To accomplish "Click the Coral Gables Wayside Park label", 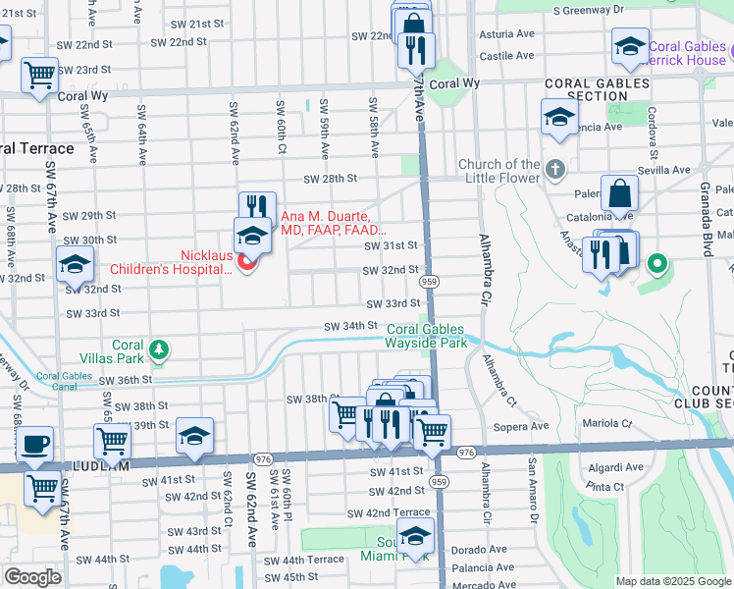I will pyautogui.click(x=425, y=336).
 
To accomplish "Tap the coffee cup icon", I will pyautogui.click(x=35, y=444).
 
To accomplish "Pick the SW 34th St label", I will pyautogui.click(x=351, y=326).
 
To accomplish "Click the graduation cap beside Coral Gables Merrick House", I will pyautogui.click(x=629, y=45).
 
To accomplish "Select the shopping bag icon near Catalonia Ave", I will pyautogui.click(x=620, y=192).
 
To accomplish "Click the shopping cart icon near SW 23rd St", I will pyautogui.click(x=39, y=74).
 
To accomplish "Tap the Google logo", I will pyautogui.click(x=32, y=577).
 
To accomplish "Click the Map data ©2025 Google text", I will pyautogui.click(x=672, y=581).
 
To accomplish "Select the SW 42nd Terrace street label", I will pyautogui.click(x=384, y=512).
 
